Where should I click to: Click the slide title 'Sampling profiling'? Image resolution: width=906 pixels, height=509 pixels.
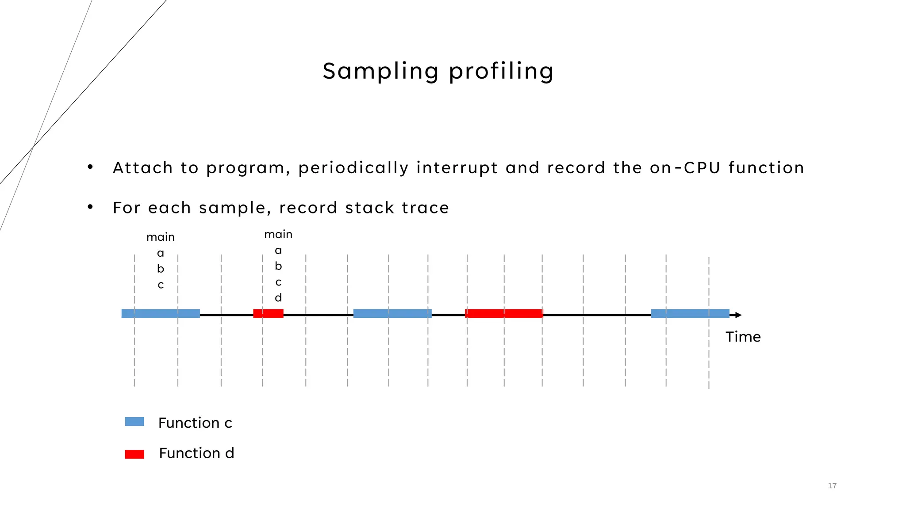tap(438, 71)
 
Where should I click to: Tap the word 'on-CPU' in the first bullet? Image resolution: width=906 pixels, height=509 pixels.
tap(685, 168)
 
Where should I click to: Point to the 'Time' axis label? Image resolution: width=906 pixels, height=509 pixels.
tap(743, 337)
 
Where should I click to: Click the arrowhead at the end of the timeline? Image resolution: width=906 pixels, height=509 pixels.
tap(738, 315)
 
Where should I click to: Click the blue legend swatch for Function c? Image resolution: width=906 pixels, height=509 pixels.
tap(134, 422)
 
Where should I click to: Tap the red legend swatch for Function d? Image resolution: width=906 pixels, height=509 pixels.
tap(134, 454)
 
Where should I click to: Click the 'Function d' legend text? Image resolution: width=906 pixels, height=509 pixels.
tap(196, 453)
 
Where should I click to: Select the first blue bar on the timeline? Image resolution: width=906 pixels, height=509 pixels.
tap(161, 314)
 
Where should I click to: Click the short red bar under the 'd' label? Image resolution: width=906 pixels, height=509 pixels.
tap(268, 314)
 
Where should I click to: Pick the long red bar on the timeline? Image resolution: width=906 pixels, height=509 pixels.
tap(504, 314)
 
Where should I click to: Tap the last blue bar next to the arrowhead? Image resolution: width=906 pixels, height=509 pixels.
tap(690, 314)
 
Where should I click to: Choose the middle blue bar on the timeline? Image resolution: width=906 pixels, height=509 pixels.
tap(392, 314)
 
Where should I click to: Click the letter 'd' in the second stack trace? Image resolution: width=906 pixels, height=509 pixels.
tap(278, 298)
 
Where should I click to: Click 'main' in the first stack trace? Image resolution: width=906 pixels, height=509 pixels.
tap(161, 237)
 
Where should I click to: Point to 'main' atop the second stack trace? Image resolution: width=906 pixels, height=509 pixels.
tap(278, 235)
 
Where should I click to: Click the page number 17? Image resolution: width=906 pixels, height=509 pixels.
tap(832, 486)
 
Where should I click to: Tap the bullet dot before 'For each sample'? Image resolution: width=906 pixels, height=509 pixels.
tap(90, 207)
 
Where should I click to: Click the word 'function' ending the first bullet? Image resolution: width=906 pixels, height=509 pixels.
tap(766, 168)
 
